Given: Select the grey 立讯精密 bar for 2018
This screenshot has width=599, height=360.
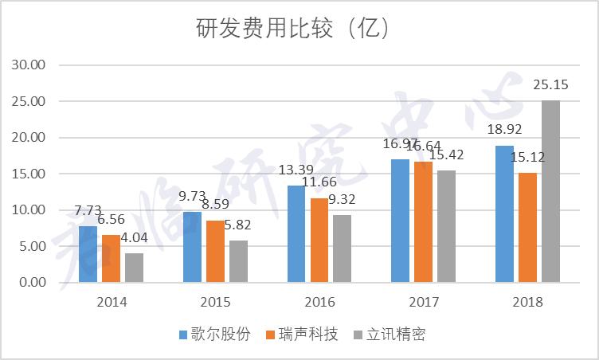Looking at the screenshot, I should [x=550, y=191].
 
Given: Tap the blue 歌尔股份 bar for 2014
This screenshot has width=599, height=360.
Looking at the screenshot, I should [x=88, y=254].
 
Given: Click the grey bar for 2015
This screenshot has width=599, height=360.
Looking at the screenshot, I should [x=238, y=261].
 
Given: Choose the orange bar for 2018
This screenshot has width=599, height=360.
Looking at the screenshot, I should [x=527, y=227].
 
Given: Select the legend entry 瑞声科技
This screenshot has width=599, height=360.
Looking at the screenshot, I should [x=302, y=335].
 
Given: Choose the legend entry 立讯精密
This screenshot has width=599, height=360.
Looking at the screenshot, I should [x=389, y=335].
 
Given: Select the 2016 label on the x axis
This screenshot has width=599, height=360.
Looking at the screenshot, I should [x=319, y=303].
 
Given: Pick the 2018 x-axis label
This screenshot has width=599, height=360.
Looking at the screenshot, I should [x=527, y=303].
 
